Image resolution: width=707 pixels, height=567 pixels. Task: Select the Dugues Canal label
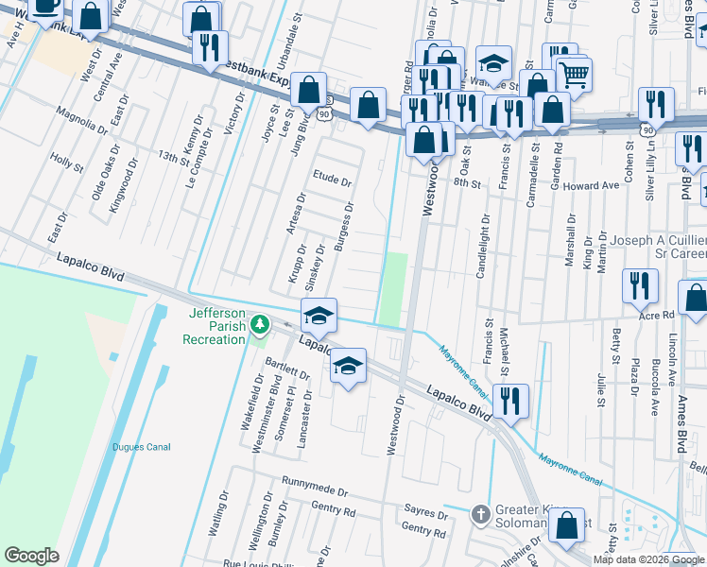(140, 447)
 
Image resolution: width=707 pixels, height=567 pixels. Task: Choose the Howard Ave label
(591, 186)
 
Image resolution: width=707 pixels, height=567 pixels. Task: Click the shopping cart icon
(574, 73)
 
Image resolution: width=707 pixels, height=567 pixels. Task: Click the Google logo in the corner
(31, 556)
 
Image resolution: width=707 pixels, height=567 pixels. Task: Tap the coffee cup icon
(44, 6)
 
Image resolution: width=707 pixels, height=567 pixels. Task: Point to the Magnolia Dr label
(81, 121)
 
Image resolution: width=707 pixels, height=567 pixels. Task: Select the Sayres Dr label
(425, 515)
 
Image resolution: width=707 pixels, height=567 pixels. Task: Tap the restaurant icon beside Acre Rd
(640, 284)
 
